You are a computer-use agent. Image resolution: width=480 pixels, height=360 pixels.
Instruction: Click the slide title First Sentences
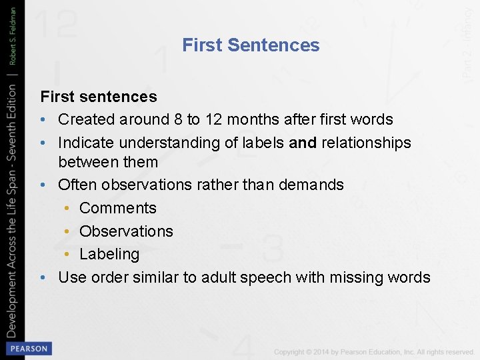251,45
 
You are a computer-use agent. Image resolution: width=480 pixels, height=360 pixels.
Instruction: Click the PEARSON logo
28,348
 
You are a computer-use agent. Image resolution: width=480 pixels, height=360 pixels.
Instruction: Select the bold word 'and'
303,143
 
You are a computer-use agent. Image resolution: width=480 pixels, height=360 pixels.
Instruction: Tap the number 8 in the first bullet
177,120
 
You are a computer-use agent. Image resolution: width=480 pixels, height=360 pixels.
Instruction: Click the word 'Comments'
118,208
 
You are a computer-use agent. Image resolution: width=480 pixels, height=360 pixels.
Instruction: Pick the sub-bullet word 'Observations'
126,231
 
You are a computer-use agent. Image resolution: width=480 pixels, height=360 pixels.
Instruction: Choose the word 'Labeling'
109,254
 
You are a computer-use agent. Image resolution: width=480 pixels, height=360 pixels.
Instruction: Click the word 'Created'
86,120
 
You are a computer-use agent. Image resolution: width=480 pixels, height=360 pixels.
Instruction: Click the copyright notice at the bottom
373,351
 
